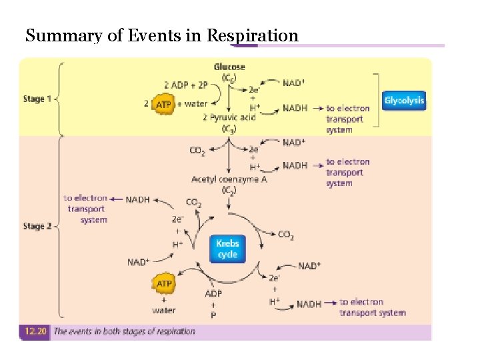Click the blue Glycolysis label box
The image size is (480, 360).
pos(404,101)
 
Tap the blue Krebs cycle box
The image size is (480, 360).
pos(227,249)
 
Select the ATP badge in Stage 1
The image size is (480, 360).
pos(163,104)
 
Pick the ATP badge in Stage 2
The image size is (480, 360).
pos(164,284)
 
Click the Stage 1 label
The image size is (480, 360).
pos(37,99)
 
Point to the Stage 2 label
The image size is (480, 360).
pos(37,226)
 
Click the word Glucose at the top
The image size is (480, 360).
pos(229,67)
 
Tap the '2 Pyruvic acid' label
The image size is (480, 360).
pos(229,117)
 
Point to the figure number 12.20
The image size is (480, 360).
pos(33,331)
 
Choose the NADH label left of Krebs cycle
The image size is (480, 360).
pos(138,199)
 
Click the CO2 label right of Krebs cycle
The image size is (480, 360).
pos(285,235)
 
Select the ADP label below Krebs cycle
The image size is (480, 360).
pos(213,293)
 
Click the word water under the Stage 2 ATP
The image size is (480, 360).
pos(164,310)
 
